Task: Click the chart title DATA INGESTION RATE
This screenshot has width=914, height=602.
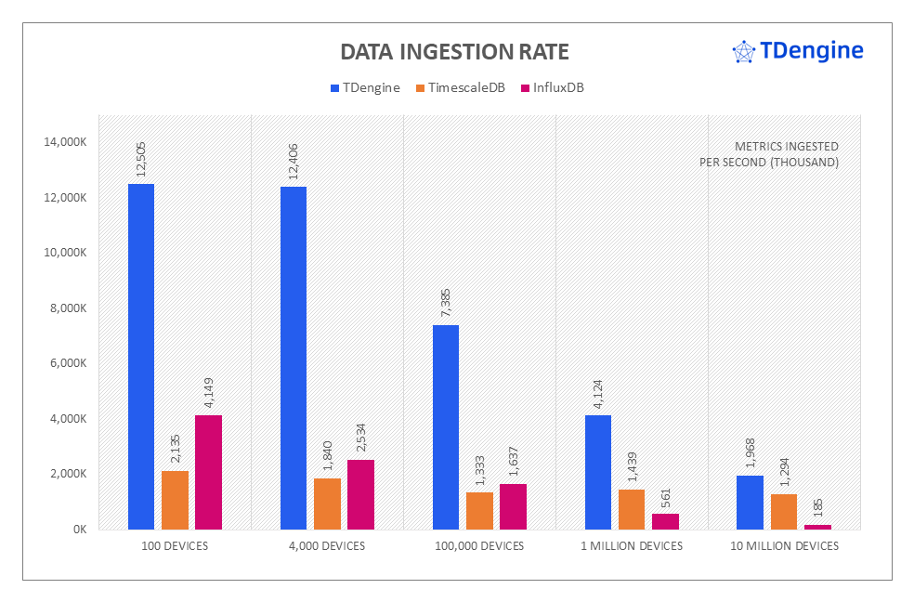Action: coord(454,51)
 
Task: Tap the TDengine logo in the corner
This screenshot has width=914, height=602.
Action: coord(798,51)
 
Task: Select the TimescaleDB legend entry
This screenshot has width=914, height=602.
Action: coord(460,88)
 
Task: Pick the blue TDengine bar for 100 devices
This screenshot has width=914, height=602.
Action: coord(141,357)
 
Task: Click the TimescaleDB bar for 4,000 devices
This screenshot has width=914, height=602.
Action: coord(327,504)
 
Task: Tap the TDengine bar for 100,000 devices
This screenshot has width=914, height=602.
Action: coord(446,427)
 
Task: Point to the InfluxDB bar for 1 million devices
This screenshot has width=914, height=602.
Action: coord(665,521)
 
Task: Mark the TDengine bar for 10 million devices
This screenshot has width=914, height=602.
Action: coord(750,503)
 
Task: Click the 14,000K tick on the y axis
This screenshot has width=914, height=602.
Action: coord(64,142)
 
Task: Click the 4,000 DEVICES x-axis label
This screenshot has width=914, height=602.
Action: coord(327,546)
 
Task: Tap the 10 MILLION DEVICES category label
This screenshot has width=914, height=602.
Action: coord(784,546)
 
